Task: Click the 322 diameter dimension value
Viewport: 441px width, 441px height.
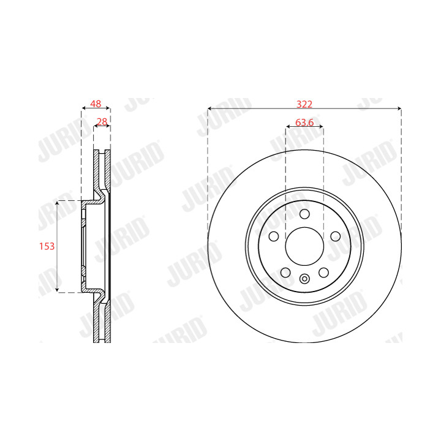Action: pyautogui.click(x=304, y=104)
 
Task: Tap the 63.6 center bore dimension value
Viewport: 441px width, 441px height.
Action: pyautogui.click(x=304, y=123)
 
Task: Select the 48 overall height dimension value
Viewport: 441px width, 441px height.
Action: pyautogui.click(x=96, y=104)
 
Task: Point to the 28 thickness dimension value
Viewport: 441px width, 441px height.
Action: pyautogui.click(x=102, y=122)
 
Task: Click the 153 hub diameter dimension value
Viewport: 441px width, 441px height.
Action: pyautogui.click(x=47, y=246)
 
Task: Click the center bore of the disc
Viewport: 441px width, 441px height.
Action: pyautogui.click(x=304, y=246)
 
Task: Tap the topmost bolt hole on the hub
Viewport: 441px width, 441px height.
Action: pyautogui.click(x=304, y=214)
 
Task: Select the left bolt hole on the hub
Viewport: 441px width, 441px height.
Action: pyautogui.click(x=274, y=236)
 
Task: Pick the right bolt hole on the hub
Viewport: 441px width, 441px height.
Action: pyautogui.click(x=336, y=236)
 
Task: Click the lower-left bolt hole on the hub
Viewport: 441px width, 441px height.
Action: pyautogui.click(x=285, y=273)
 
